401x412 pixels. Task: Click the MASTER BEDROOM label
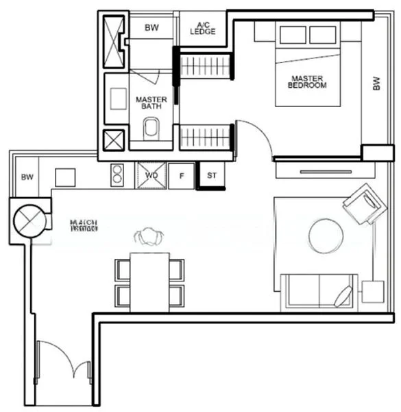[308, 82]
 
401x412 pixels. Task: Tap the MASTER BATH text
[151, 103]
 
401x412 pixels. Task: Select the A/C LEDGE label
[204, 27]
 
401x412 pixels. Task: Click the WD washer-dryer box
[151, 175]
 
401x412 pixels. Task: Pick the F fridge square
[182, 176]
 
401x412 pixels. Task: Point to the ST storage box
[211, 175]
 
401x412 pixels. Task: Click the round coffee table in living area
[326, 236]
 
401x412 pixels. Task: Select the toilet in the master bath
[151, 128]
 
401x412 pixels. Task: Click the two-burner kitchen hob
[117, 174]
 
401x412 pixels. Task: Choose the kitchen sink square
[65, 176]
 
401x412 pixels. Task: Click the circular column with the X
[29, 220]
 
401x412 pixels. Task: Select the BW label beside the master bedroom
[376, 83]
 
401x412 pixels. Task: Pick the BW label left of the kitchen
[27, 177]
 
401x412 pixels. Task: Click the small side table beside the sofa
[373, 292]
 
